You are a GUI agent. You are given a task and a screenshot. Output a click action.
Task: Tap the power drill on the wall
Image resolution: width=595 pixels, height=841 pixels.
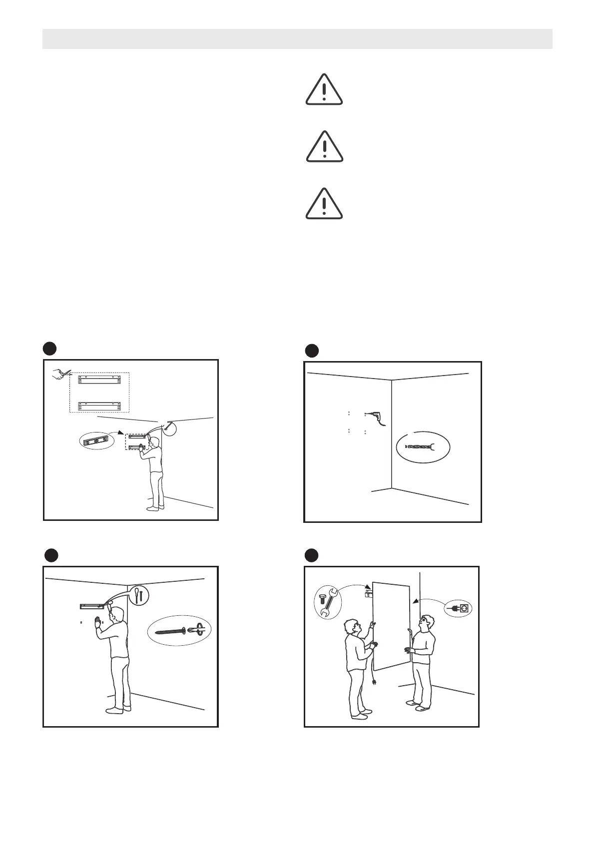(373, 416)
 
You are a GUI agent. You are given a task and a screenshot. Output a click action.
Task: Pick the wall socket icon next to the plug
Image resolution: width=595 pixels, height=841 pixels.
(463, 609)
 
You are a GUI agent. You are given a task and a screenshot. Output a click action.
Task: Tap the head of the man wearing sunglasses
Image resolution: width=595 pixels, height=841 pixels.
(426, 622)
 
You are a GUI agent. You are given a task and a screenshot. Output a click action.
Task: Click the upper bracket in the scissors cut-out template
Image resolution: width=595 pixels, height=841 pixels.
(99, 381)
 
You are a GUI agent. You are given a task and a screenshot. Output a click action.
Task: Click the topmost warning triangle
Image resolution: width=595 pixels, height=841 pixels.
(324, 90)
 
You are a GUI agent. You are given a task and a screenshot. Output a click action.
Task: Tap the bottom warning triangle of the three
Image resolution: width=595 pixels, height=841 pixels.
(324, 204)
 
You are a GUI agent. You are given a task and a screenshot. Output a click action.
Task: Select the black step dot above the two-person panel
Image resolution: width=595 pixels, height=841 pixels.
(312, 555)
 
